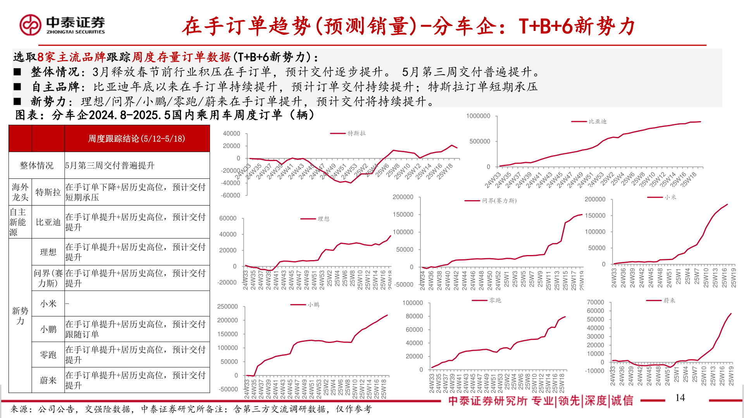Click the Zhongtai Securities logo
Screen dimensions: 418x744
[62, 25]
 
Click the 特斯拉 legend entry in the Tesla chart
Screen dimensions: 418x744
[356, 134]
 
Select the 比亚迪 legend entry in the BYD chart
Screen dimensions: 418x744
[597, 122]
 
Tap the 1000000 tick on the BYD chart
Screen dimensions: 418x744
[478, 116]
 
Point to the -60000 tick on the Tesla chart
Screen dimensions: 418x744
[231, 195]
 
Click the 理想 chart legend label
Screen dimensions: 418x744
[323, 219]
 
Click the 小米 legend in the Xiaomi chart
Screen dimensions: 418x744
[670, 197]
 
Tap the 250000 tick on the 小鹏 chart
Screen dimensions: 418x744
[227, 307]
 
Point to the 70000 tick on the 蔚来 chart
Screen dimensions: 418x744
[595, 302]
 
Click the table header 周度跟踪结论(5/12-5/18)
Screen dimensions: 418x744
[136, 139]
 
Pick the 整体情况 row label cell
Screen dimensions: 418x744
[36, 166]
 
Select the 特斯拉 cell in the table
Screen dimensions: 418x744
[48, 192]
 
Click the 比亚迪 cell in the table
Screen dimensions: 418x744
[48, 222]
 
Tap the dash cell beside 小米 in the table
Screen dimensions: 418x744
[67, 303]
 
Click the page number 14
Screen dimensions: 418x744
[680, 398]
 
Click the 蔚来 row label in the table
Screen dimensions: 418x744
[48, 380]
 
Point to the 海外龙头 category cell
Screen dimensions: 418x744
[20, 192]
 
